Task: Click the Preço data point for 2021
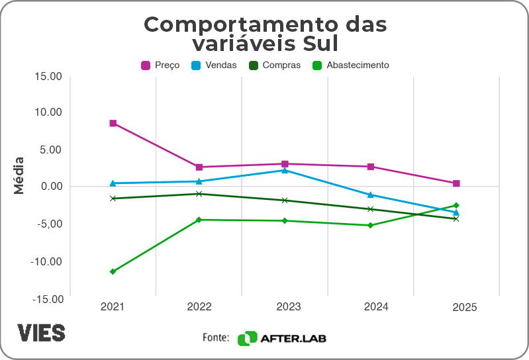[113, 123]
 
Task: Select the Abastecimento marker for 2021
[113, 271]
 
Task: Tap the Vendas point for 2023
[285, 170]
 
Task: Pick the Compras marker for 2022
[199, 194]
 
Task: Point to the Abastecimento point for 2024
[371, 226]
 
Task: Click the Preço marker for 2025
[456, 183]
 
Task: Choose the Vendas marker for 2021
[113, 183]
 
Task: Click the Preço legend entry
[160, 66]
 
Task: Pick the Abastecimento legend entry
[351, 66]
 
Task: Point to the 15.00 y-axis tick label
[48, 76]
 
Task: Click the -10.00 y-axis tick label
[47, 261]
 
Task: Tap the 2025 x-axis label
[464, 308]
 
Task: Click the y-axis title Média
[19, 175]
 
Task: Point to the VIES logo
[41, 332]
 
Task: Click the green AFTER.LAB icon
[247, 338]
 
